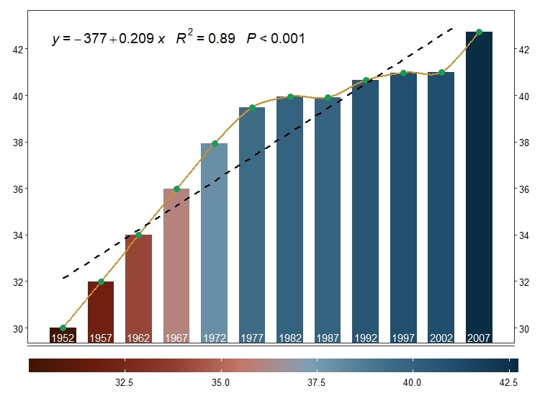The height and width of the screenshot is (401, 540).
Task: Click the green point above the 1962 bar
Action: click(x=138, y=235)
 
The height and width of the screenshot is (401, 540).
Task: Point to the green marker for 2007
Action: click(x=479, y=32)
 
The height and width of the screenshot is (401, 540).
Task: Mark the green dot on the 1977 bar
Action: click(x=252, y=107)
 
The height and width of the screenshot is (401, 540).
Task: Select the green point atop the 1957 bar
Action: click(x=101, y=281)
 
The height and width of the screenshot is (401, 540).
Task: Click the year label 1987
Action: click(x=328, y=338)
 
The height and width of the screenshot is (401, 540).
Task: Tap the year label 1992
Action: click(x=365, y=338)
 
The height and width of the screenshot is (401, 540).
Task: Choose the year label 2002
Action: click(x=441, y=338)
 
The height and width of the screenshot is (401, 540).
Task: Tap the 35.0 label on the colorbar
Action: click(x=221, y=382)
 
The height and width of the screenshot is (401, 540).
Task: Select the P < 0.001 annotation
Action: click(x=276, y=39)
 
